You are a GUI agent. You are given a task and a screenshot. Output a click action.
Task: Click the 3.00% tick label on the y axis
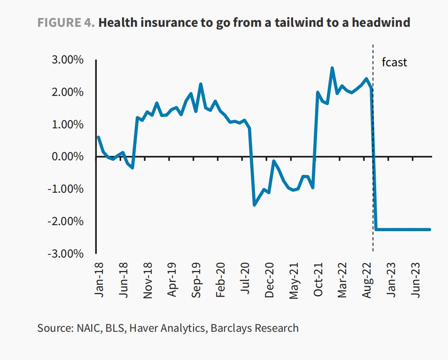pos(66,60)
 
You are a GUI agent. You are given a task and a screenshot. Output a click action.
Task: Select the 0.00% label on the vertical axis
pos(66,157)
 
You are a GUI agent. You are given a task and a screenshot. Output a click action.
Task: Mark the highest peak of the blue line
pos(332,68)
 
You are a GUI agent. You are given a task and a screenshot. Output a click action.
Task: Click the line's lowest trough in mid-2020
pos(255,204)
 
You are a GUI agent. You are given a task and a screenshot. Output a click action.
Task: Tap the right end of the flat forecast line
pos(430,229)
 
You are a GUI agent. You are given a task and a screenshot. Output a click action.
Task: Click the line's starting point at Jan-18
pos(98,137)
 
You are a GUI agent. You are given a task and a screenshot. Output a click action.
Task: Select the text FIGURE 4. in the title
pos(65,22)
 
